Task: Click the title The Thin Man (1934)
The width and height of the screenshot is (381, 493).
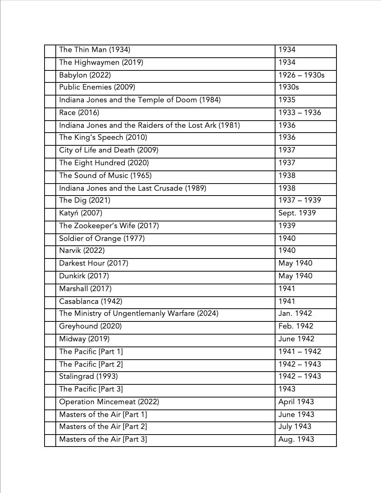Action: pyautogui.click(x=95, y=50)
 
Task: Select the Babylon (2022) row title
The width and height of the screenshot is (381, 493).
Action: pyautogui.click(x=85, y=75)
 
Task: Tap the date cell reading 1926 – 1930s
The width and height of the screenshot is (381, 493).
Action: pyautogui.click(x=301, y=75)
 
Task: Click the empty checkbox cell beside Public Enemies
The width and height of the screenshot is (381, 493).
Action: pyautogui.click(x=50, y=88)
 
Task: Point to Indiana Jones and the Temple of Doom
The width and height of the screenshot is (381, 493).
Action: pyautogui.click(x=140, y=100)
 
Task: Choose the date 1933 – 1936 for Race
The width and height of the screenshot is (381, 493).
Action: pyautogui.click(x=299, y=113)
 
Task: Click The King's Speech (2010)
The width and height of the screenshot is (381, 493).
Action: pyautogui.click(x=103, y=137)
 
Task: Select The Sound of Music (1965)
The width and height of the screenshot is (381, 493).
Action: pyautogui.click(x=105, y=176)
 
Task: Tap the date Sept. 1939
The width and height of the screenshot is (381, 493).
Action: pyautogui.click(x=297, y=213)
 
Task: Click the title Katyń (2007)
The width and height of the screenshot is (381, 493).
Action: pyautogui.click(x=80, y=213)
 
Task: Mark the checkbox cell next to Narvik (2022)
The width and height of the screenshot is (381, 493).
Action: pyautogui.click(x=50, y=251)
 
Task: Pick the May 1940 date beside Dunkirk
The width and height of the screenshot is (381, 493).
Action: pyautogui.click(x=295, y=276)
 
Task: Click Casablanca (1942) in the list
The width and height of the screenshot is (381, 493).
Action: pyautogui.click(x=91, y=302)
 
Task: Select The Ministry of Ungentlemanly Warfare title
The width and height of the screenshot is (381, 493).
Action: pyautogui.click(x=138, y=314)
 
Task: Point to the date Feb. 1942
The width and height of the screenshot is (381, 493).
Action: pyautogui.click(x=296, y=326)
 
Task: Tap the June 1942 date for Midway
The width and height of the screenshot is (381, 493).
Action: pyautogui.click(x=296, y=339)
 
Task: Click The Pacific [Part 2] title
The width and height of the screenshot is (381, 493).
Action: pyautogui.click(x=91, y=364)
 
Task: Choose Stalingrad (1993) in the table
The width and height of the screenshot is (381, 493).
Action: pyautogui.click(x=88, y=376)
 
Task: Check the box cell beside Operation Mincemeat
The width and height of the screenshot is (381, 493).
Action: pyautogui.click(x=50, y=402)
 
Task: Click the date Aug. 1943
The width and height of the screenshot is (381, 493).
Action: pyautogui.click(x=296, y=439)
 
